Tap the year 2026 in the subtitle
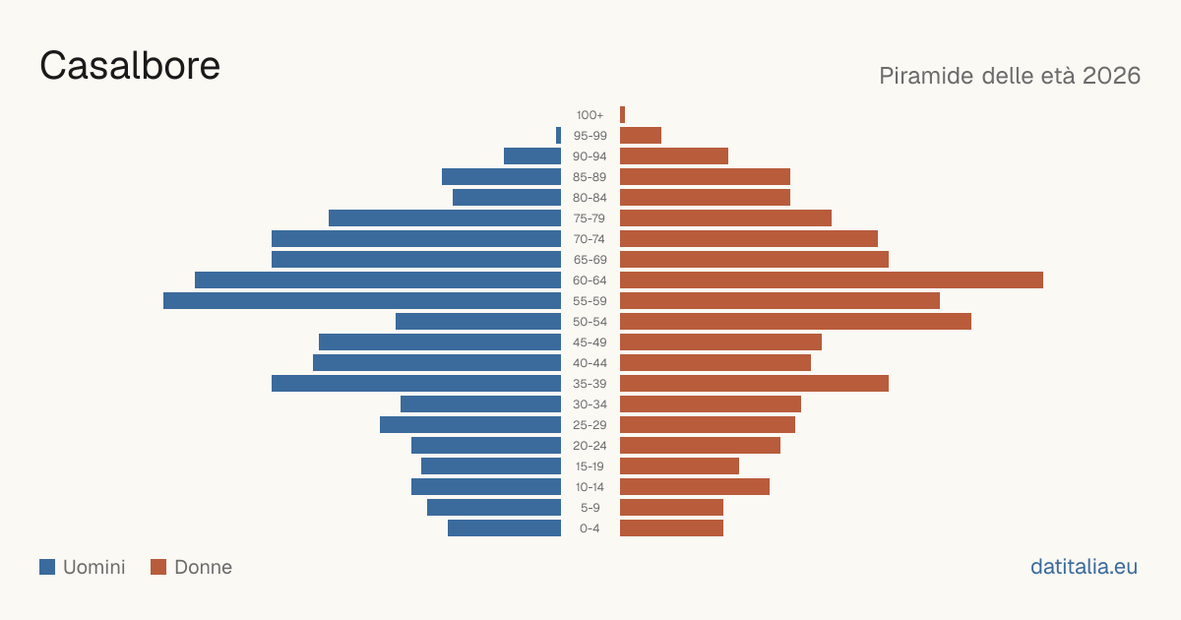click(x=1111, y=76)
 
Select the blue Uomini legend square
click(x=47, y=567)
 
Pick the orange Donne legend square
click(x=158, y=567)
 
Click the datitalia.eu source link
click(x=1084, y=567)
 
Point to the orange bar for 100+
click(x=623, y=115)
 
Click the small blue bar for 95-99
click(x=558, y=136)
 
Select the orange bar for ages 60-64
click(x=832, y=279)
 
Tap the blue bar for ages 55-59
click(x=362, y=300)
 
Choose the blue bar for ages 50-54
click(x=478, y=322)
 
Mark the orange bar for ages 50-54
click(x=795, y=322)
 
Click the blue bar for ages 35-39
click(x=416, y=383)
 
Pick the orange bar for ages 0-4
click(x=671, y=528)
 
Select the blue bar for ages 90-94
click(x=532, y=156)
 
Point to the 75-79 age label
click(x=590, y=218)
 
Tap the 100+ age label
click(x=590, y=115)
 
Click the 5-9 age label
click(x=590, y=508)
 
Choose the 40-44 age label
click(x=590, y=363)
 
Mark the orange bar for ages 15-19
click(x=680, y=466)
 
